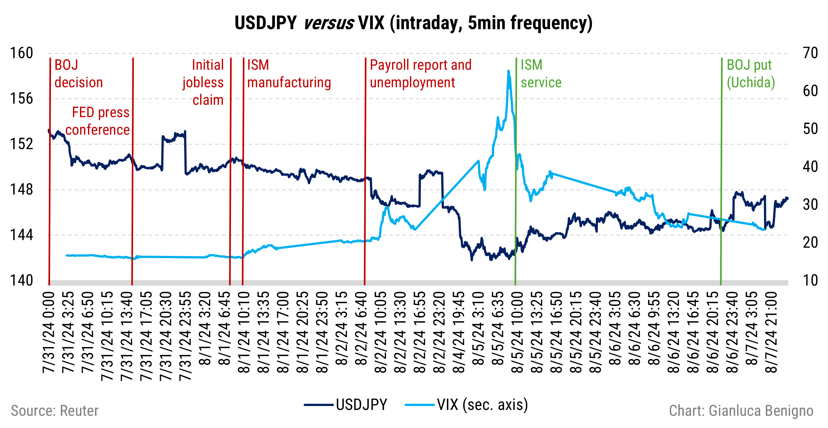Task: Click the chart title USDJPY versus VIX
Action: pyautogui.click(x=413, y=23)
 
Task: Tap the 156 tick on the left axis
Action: pyautogui.click(x=21, y=99)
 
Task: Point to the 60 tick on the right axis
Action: pyautogui.click(x=810, y=91)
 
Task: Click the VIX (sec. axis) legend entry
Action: pyautogui.click(x=466, y=404)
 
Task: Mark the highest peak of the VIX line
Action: pyautogui.click(x=508, y=71)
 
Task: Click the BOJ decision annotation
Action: pyautogui.click(x=78, y=74)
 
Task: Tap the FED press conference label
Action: pyautogui.click(x=98, y=121)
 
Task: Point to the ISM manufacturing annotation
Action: pyautogui.click(x=288, y=74)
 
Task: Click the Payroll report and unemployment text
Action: pyautogui.click(x=420, y=74)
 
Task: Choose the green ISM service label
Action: pyautogui.click(x=541, y=74)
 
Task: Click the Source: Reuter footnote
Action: pyautogui.click(x=55, y=411)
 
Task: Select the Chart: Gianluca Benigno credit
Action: pyautogui.click(x=741, y=411)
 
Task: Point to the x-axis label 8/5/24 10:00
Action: pyautogui.click(x=517, y=333)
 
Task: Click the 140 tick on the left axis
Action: pyautogui.click(x=21, y=280)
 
